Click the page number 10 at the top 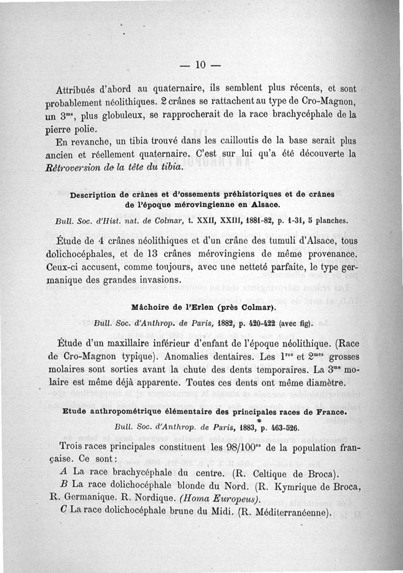[201, 65]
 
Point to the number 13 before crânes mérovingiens [196, 252]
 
